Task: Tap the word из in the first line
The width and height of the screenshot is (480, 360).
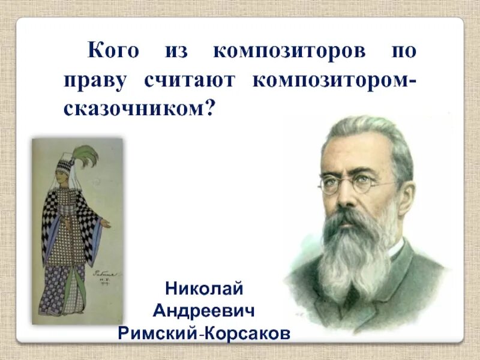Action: point(175,52)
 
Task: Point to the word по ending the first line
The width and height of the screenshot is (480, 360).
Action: point(401,52)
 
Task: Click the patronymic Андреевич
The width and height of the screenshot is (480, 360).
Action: point(204,311)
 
